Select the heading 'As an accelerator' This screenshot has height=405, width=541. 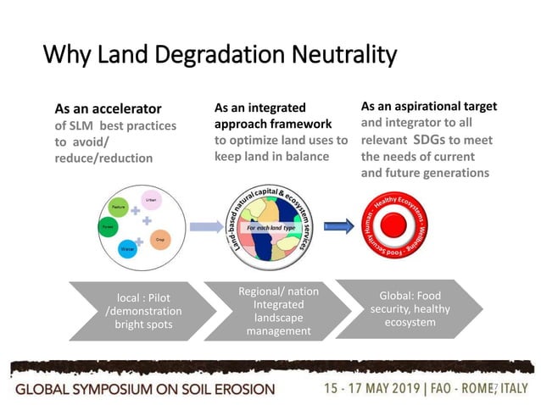coord(108,109)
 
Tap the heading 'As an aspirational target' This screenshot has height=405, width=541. coord(428,107)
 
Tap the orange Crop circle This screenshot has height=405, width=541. coord(160,240)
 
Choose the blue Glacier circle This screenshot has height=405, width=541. coord(127,249)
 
